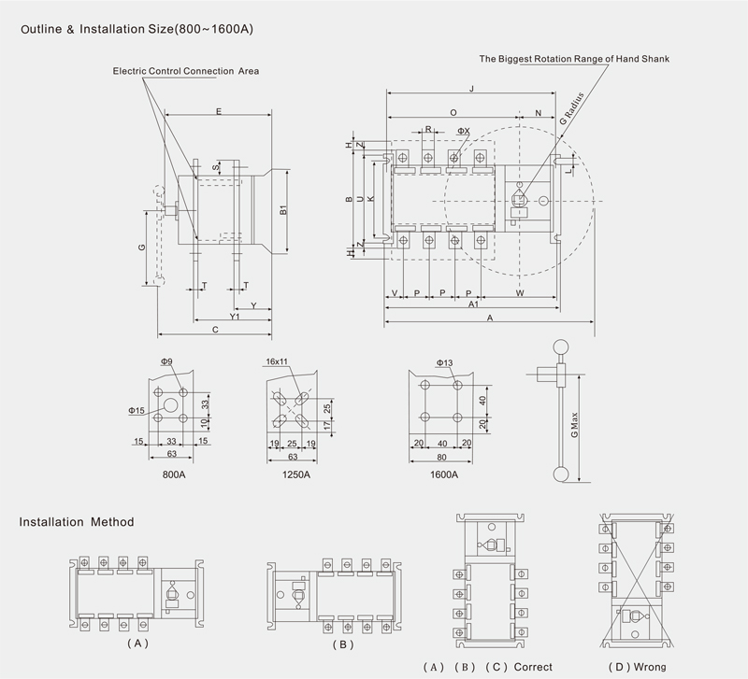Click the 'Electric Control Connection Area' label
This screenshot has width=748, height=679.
[x=186, y=71]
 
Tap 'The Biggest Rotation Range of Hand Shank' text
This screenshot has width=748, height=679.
[x=574, y=59]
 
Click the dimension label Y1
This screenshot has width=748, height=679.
[x=236, y=317]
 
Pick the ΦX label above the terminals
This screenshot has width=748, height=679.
[x=463, y=132]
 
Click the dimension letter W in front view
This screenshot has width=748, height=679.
[x=519, y=293]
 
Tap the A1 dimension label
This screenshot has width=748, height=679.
[x=473, y=305]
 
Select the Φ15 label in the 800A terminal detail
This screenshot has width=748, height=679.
[x=136, y=410]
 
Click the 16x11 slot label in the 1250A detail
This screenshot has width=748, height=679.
[x=276, y=361]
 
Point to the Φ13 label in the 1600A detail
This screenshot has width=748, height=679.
[x=444, y=361]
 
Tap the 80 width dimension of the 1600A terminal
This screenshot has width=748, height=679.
[x=438, y=457]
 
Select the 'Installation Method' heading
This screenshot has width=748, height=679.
[x=77, y=521]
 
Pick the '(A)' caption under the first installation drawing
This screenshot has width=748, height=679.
[x=137, y=644]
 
